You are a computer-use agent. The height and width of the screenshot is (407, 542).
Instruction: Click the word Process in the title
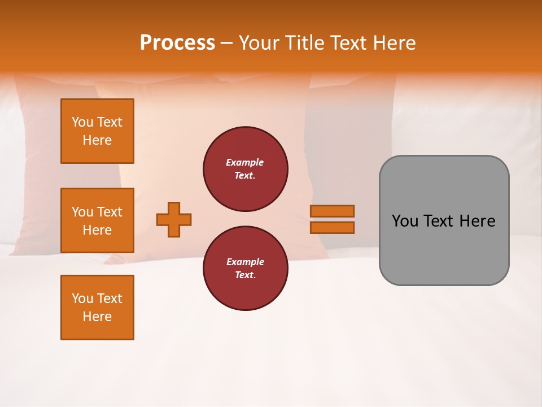click(x=177, y=42)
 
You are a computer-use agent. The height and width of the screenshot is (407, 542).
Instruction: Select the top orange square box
click(x=97, y=131)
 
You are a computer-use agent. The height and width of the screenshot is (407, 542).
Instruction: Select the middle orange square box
click(x=97, y=220)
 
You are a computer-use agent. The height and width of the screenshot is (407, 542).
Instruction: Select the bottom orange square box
click(x=97, y=308)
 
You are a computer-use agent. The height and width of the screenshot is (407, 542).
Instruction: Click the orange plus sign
click(x=174, y=219)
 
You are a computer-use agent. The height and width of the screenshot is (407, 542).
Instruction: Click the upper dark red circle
click(x=246, y=169)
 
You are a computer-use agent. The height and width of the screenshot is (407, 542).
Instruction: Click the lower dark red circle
click(x=246, y=268)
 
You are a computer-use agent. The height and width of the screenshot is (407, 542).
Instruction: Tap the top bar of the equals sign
click(x=332, y=211)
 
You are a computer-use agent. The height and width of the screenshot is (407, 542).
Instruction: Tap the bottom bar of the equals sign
click(x=332, y=227)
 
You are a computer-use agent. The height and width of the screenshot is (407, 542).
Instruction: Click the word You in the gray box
click(x=405, y=221)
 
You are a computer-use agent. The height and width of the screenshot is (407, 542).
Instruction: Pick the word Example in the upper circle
click(x=245, y=162)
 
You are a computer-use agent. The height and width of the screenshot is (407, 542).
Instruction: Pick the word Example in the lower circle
click(x=245, y=262)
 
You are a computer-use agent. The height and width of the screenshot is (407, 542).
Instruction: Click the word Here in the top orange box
click(x=97, y=140)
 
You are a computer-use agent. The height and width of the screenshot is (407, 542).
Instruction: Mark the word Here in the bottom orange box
click(x=97, y=317)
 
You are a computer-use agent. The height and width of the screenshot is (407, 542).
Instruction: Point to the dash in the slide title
click(x=227, y=43)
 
